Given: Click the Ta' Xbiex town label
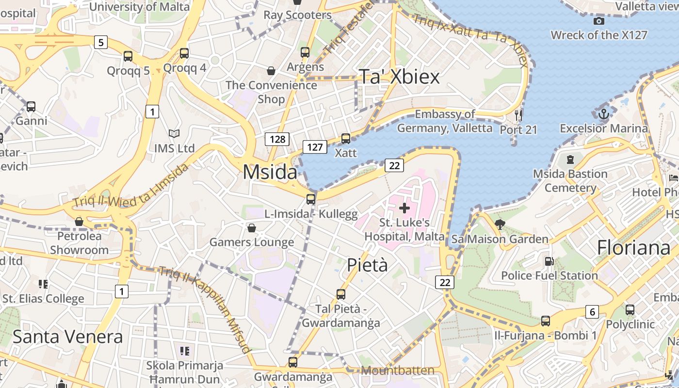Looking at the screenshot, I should click(399, 77).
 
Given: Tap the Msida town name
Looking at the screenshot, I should click(270, 172).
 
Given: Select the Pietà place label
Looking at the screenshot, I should click(368, 265).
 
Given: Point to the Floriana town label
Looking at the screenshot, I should click(633, 247).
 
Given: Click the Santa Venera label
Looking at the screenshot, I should click(67, 336).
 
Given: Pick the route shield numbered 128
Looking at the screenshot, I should click(277, 139).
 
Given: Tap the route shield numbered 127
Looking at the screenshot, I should click(315, 146).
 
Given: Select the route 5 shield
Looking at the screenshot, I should click(100, 42).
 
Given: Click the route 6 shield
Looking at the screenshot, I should click(592, 311).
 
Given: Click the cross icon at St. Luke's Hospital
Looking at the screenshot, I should click(404, 208).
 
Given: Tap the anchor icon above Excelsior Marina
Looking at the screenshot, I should click(604, 114).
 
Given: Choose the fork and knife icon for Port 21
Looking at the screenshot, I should click(518, 115).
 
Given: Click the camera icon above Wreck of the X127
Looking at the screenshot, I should click(599, 21).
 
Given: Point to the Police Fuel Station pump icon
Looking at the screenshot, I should click(549, 261).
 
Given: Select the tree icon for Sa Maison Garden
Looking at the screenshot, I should click(500, 224).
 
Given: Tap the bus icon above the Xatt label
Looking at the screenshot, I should click(346, 139).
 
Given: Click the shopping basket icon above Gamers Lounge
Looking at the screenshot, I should click(252, 228).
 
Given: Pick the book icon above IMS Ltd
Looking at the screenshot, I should click(174, 133).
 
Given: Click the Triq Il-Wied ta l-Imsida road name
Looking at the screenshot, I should click(131, 186).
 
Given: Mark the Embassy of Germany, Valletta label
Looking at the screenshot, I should click(445, 121).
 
